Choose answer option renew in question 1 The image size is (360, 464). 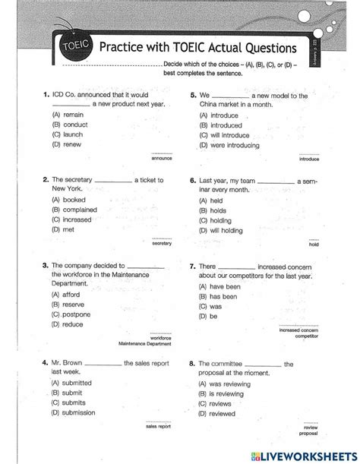(66, 144)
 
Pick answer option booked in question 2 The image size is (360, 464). (68, 200)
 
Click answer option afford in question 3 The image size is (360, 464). (67, 294)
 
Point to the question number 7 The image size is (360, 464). (193, 267)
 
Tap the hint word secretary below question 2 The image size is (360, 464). (162, 243)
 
